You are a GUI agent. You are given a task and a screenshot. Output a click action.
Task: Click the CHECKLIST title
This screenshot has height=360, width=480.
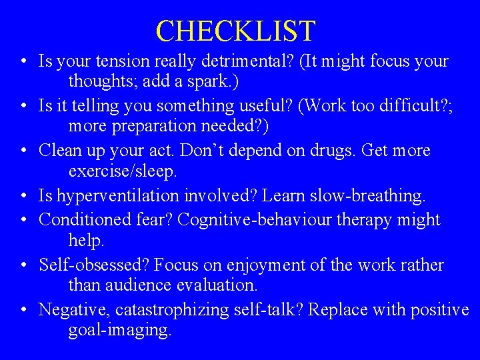point(235,31)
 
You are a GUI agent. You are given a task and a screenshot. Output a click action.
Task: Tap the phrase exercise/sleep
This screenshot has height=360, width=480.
point(122,171)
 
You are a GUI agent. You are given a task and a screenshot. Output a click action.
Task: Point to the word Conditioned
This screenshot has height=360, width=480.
point(84,219)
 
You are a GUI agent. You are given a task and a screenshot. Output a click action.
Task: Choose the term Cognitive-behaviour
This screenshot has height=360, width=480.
point(264,219)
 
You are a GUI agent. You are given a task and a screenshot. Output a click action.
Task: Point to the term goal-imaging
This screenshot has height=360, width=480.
point(119,331)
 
